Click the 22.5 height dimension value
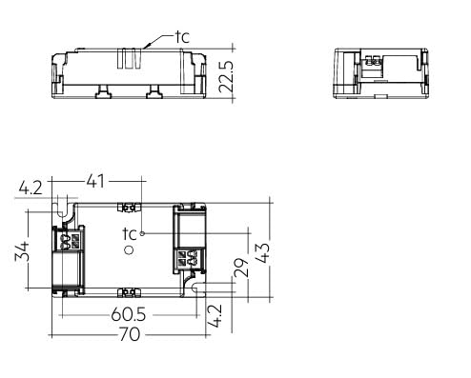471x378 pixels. pyautogui.click(x=227, y=76)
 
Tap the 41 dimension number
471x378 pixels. pyautogui.click(x=95, y=181)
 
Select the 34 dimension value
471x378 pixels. pyautogui.click(x=22, y=251)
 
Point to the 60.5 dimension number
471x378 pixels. pyautogui.click(x=129, y=314)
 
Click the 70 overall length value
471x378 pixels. pyautogui.click(x=130, y=334)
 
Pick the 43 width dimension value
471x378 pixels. pyautogui.click(x=263, y=253)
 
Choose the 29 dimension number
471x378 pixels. pyautogui.click(x=241, y=268)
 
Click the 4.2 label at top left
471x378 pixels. pyautogui.click(x=31, y=189)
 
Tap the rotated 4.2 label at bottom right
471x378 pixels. pyautogui.click(x=215, y=316)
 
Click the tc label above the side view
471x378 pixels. pyautogui.click(x=182, y=37)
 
